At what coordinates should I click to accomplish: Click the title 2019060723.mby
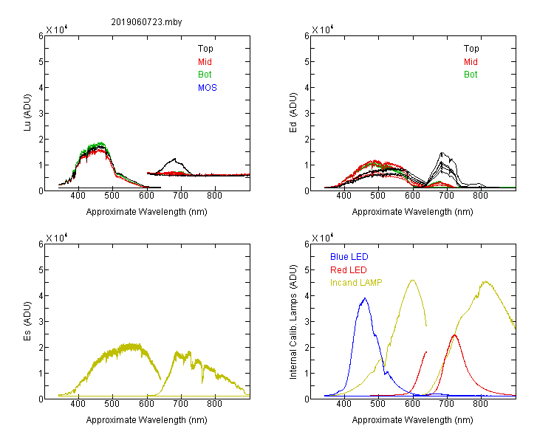click(x=146, y=22)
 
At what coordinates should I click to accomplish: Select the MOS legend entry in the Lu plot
click(x=208, y=88)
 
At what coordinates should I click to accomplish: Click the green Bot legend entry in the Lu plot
click(x=205, y=75)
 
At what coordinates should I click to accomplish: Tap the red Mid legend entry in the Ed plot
click(x=471, y=62)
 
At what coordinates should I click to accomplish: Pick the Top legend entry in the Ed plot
click(x=471, y=49)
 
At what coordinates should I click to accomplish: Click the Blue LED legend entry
click(x=349, y=257)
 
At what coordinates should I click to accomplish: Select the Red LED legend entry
click(x=349, y=270)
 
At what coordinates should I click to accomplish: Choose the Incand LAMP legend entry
click(x=356, y=283)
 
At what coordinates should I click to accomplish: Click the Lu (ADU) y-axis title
click(x=27, y=112)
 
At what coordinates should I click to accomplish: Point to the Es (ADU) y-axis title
click(x=27, y=320)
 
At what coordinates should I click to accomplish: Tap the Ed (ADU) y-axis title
click(x=293, y=112)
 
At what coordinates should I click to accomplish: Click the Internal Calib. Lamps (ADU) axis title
click(x=293, y=322)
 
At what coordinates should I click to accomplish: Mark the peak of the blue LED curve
click(x=365, y=298)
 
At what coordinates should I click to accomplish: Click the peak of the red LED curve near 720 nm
click(x=454, y=334)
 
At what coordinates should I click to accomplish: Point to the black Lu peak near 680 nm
click(x=174, y=159)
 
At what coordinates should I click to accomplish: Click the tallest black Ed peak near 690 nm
click(x=441, y=153)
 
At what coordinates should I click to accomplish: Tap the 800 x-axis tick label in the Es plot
click(x=214, y=404)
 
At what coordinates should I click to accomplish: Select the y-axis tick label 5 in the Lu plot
click(x=41, y=62)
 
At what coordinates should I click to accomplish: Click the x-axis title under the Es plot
click(x=146, y=420)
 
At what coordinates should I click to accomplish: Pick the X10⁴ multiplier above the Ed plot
click(x=322, y=30)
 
